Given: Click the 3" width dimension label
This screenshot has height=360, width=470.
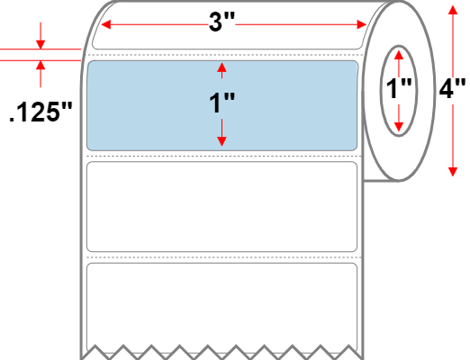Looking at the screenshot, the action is (222, 22).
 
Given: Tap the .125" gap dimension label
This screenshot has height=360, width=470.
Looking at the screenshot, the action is (41, 112).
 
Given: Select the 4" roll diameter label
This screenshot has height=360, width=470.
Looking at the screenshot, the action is (453, 88).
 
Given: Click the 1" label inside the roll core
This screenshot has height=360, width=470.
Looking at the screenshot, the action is (399, 88).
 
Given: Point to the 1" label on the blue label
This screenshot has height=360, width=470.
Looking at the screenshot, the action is (222, 103).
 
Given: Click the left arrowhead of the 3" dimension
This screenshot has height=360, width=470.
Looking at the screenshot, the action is (106, 24).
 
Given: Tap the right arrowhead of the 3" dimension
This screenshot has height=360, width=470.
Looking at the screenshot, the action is (362, 24).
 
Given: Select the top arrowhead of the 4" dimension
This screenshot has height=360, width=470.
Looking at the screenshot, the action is (453, 10).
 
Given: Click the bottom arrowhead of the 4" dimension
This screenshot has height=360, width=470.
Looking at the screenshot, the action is (453, 172).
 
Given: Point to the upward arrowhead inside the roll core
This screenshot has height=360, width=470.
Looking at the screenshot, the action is (399, 55).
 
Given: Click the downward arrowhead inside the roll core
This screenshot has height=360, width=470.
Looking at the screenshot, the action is (399, 127).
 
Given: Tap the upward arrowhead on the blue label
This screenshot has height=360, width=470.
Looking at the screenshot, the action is (221, 67).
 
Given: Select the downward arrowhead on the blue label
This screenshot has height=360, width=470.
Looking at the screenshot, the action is (221, 141).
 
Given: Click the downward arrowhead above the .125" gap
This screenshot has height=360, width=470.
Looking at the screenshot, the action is (41, 44).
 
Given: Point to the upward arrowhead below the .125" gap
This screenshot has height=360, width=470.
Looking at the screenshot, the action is (41, 66).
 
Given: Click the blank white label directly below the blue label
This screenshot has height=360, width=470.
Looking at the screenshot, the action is (221, 207).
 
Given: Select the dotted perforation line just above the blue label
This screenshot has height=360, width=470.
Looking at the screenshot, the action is (223, 55).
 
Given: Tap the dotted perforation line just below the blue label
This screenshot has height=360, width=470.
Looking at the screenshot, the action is (223, 157).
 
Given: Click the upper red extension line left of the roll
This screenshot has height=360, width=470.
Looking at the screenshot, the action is (41, 49).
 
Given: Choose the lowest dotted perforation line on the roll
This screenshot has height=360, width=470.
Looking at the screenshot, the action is (223, 257).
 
